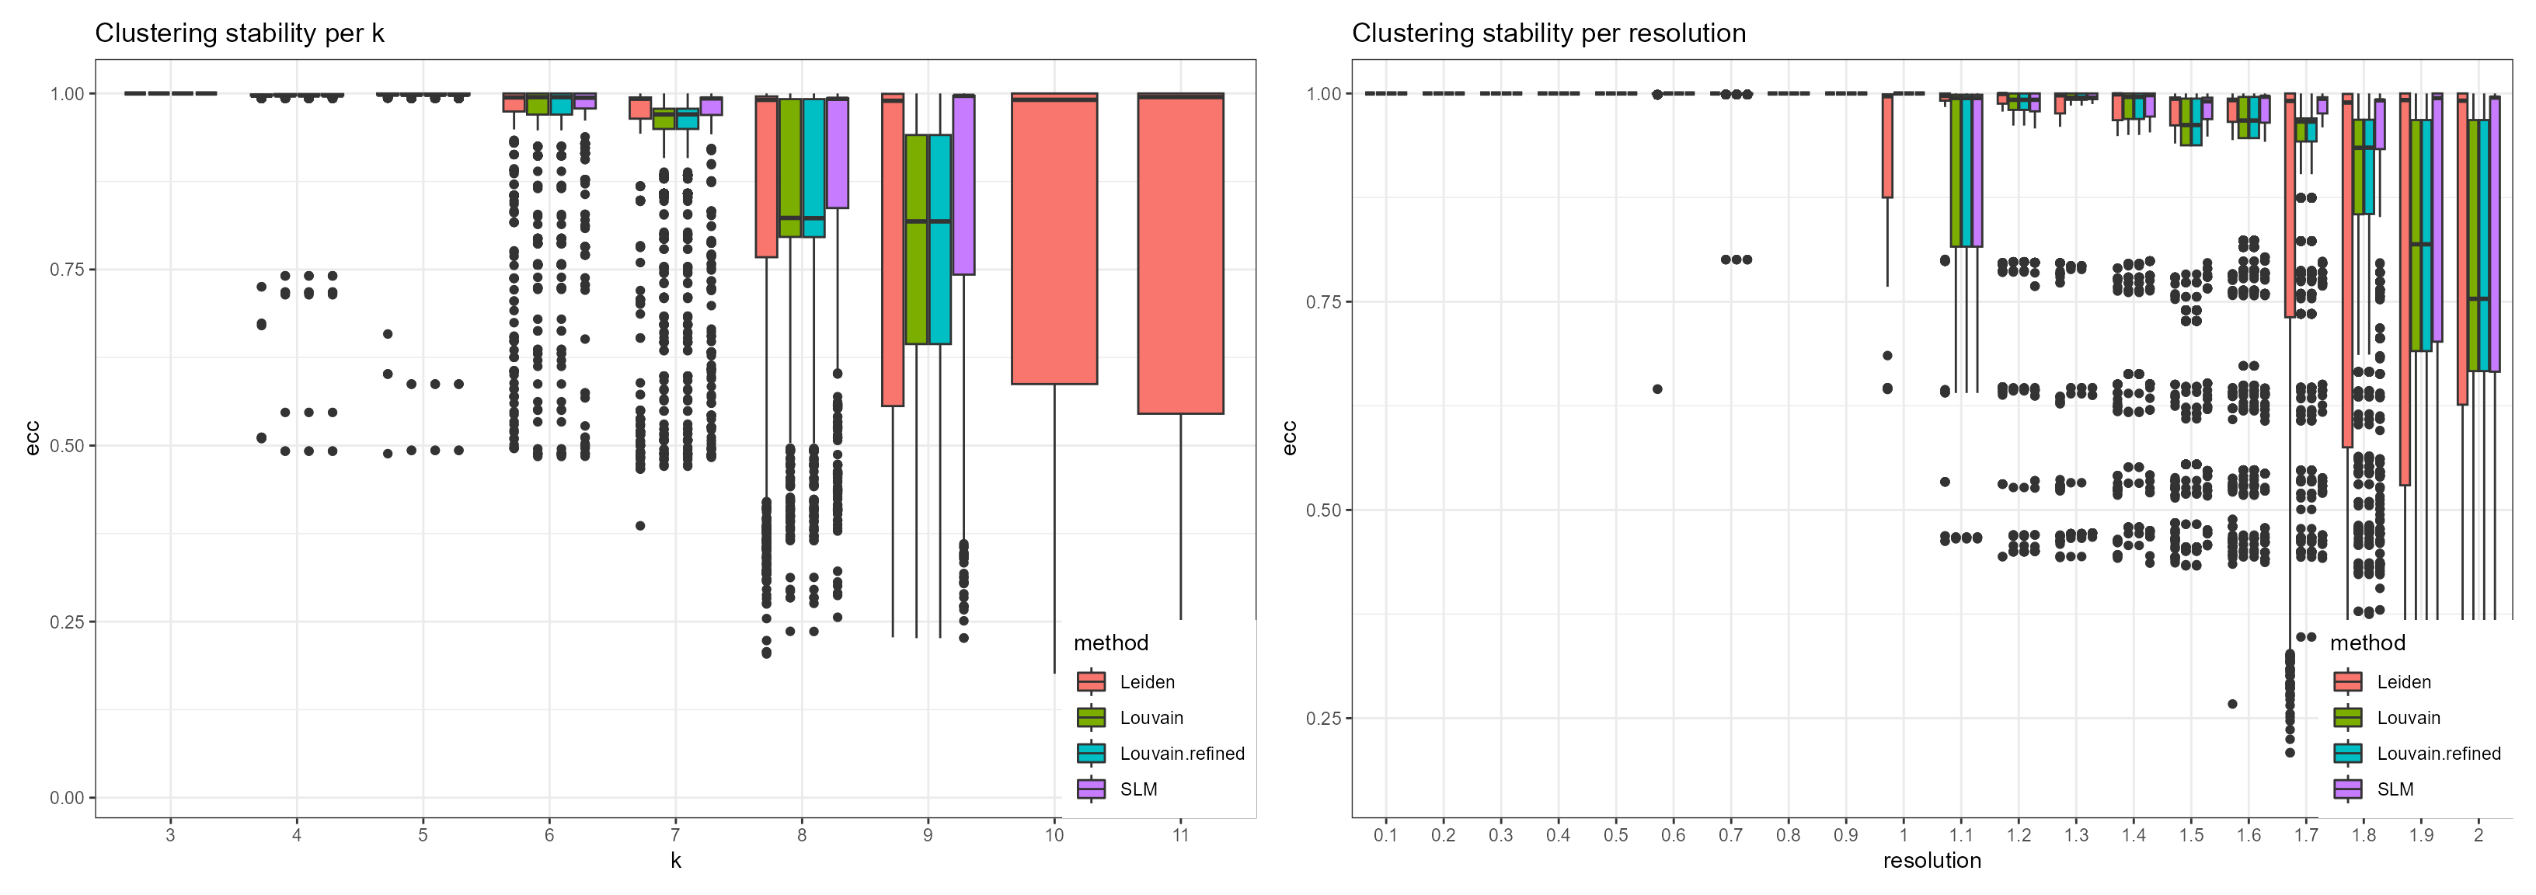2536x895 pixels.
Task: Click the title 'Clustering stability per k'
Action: tap(239, 33)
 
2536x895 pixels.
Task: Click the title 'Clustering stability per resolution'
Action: tap(1548, 33)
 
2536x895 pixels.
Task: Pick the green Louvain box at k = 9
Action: tap(915, 239)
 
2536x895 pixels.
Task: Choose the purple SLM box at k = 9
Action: tap(963, 185)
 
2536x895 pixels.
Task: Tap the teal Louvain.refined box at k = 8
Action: tap(813, 167)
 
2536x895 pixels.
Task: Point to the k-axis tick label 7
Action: tap(675, 835)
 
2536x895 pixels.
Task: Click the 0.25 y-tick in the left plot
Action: tap(67, 622)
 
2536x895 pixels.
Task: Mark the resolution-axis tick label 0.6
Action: tap(1673, 835)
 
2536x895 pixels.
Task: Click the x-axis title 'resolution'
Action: tap(1932, 861)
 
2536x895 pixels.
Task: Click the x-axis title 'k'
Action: tap(675, 861)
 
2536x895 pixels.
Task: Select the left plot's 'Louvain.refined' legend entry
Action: tap(1181, 754)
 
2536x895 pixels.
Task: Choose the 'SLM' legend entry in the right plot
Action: tap(2395, 789)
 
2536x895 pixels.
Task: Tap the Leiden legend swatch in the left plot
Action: tap(1091, 681)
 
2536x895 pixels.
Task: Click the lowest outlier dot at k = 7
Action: tap(640, 526)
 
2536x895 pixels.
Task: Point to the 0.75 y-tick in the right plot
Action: tap(1323, 302)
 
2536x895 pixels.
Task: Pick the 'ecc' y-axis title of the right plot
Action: tap(1290, 438)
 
